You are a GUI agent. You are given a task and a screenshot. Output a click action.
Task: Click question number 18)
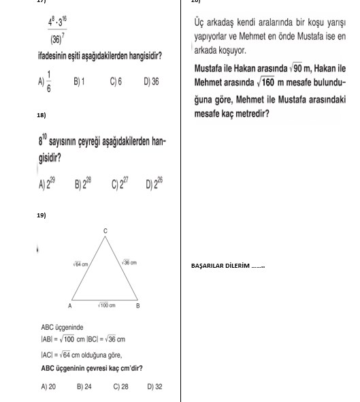(x=42, y=117)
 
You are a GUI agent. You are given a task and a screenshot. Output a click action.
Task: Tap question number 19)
(x=42, y=215)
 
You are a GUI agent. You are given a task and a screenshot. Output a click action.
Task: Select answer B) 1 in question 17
(x=79, y=81)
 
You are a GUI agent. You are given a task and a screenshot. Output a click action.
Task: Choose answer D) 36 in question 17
(x=151, y=81)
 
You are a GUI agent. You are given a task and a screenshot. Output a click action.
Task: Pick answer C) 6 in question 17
(x=115, y=81)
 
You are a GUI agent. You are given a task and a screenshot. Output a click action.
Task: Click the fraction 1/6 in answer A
(x=49, y=80)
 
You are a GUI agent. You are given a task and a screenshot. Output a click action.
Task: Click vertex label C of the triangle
(x=105, y=232)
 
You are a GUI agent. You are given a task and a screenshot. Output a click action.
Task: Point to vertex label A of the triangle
(x=70, y=306)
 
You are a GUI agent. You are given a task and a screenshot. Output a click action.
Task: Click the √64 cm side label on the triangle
(x=80, y=263)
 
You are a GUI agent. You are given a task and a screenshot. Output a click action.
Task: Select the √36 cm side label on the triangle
(x=129, y=262)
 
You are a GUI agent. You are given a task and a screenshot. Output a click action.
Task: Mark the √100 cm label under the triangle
(x=105, y=305)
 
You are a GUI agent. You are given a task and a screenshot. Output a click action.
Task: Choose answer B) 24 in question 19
(x=84, y=386)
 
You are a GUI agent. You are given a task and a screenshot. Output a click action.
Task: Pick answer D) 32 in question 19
(x=154, y=386)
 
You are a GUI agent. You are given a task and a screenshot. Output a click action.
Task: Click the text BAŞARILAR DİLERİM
(x=227, y=266)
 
